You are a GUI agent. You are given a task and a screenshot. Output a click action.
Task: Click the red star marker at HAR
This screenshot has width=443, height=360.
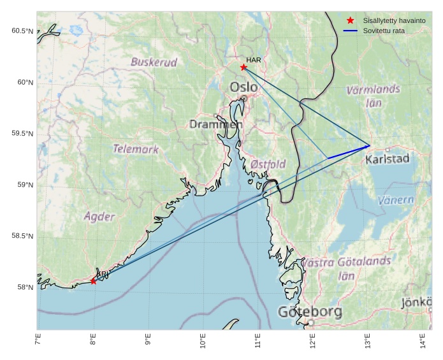(x=243, y=67)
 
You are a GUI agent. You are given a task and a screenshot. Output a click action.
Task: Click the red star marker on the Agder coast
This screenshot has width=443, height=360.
(x=94, y=281)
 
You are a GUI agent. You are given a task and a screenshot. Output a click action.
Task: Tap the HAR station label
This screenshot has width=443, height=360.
(x=254, y=60)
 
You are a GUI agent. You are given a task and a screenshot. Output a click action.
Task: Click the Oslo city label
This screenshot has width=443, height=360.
(x=244, y=87)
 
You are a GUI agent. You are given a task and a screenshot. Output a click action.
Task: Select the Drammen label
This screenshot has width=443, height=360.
(x=215, y=124)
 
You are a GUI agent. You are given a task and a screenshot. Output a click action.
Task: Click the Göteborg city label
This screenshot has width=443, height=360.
(x=310, y=312)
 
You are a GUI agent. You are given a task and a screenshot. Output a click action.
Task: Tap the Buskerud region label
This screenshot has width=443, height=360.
(x=154, y=62)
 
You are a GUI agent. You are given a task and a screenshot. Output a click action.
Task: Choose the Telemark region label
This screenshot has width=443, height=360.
(x=136, y=149)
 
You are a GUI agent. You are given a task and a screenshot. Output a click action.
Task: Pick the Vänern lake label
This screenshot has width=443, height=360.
(x=396, y=200)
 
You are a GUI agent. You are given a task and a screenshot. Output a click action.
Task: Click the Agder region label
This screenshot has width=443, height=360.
(x=99, y=216)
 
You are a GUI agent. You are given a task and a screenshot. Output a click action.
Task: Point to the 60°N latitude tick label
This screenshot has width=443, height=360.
(x=22, y=82)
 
